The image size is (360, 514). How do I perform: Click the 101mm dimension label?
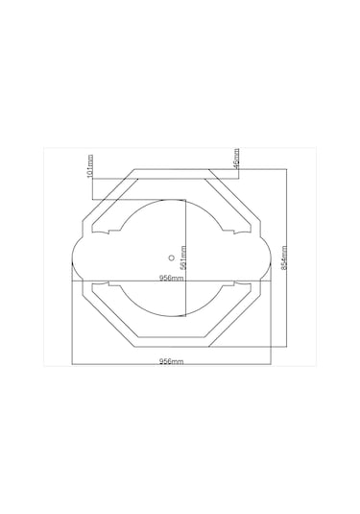click(x=90, y=166)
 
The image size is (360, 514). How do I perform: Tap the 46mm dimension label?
click(x=236, y=159)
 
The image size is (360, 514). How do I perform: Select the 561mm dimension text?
click(x=183, y=257)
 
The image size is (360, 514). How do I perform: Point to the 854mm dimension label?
click(x=284, y=257)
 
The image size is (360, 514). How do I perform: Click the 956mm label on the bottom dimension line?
click(x=171, y=361)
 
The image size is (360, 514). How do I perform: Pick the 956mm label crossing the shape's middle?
click(x=171, y=278)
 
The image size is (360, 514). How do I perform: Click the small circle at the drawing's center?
click(x=171, y=257)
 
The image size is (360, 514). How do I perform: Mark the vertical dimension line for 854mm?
click(x=287, y=257)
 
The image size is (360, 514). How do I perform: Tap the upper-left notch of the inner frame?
click(x=108, y=233)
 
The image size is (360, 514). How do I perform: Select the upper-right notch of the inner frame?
click(x=233, y=233)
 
